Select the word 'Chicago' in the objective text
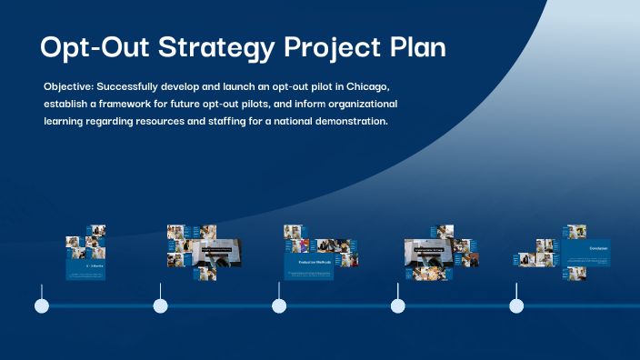367,86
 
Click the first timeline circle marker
42,306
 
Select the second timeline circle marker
161,306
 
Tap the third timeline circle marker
279,306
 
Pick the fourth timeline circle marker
398,306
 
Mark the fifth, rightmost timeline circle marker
516,306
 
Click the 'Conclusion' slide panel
586,253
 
